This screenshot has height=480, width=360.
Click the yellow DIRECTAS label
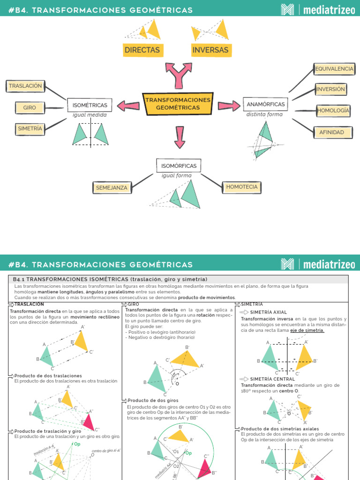[x=142, y=50]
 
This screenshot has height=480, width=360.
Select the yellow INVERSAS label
[x=210, y=50]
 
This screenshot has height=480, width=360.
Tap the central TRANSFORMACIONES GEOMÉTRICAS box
[x=178, y=104]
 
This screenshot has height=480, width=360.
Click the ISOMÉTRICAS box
[x=90, y=105]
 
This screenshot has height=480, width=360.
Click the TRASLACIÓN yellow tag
[x=25, y=86]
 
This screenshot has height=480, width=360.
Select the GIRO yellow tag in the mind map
[x=30, y=108]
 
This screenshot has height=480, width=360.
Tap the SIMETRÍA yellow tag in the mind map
[x=30, y=128]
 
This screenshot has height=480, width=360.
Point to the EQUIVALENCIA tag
[x=334, y=69]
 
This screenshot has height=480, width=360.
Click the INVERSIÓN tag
[x=330, y=89]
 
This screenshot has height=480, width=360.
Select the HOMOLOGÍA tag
[x=333, y=111]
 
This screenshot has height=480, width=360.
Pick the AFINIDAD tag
[x=331, y=133]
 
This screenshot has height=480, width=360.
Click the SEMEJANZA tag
[x=112, y=187]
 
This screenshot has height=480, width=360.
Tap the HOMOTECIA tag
[x=241, y=187]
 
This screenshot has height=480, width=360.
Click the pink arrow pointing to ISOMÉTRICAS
[x=128, y=105]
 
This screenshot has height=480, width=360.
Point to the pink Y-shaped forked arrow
[x=179, y=75]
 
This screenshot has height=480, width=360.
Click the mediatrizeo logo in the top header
[x=318, y=10]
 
